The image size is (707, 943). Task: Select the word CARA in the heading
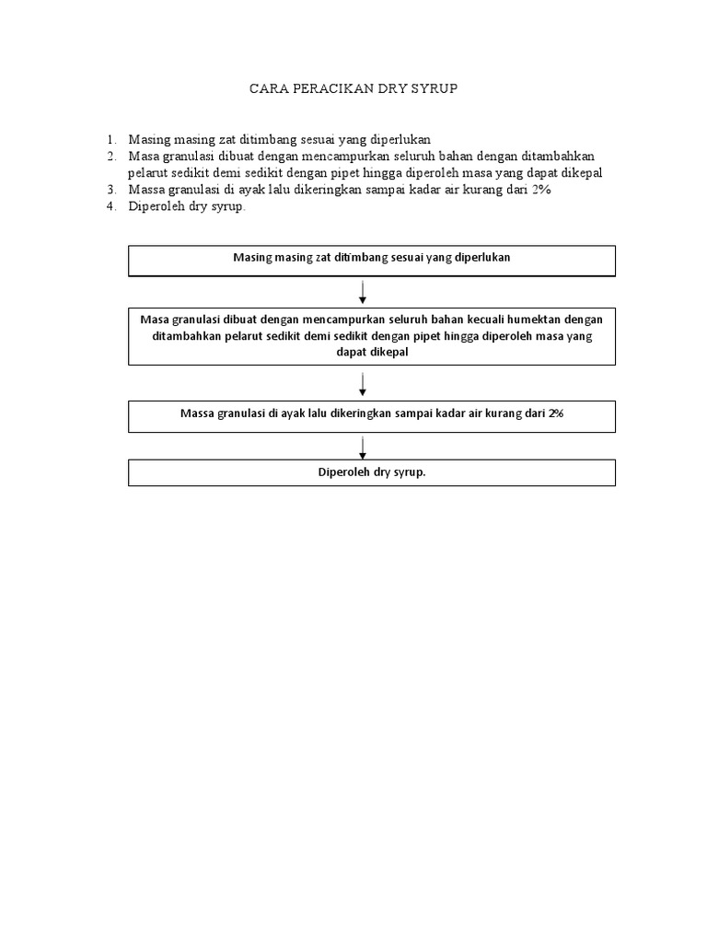pyautogui.click(x=270, y=89)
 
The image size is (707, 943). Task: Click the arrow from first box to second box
pyautogui.click(x=364, y=292)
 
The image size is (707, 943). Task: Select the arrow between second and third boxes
pyautogui.click(x=364, y=384)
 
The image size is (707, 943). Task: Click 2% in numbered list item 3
pyautogui.click(x=541, y=190)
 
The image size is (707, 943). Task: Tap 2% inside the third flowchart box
pyautogui.click(x=555, y=413)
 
